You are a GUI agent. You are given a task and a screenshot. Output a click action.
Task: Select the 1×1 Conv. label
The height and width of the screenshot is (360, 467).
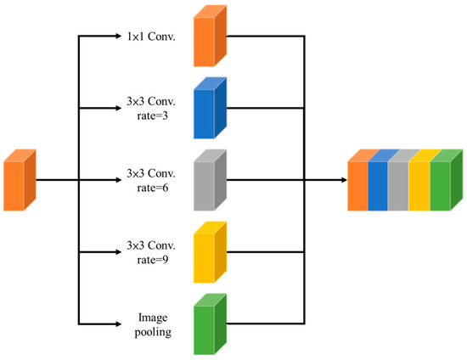149,37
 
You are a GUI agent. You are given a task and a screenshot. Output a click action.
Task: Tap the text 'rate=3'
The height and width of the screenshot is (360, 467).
150,116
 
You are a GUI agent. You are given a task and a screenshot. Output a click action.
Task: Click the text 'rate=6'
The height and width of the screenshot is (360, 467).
150,188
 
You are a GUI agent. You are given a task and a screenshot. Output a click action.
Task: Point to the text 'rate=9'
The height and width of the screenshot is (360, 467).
150,260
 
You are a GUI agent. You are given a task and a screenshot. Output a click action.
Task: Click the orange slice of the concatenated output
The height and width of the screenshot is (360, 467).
357,184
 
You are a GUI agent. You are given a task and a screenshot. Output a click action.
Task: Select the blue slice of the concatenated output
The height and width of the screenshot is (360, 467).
378,184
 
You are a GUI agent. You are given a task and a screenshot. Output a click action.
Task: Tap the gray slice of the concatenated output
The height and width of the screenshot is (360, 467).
398,184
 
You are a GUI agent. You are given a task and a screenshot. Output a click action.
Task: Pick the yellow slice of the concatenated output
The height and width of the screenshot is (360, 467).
419,184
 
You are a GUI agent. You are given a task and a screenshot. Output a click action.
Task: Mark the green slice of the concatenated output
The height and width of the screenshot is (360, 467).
440,184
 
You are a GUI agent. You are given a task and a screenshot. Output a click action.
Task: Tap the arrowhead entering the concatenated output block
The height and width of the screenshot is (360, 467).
341,181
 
